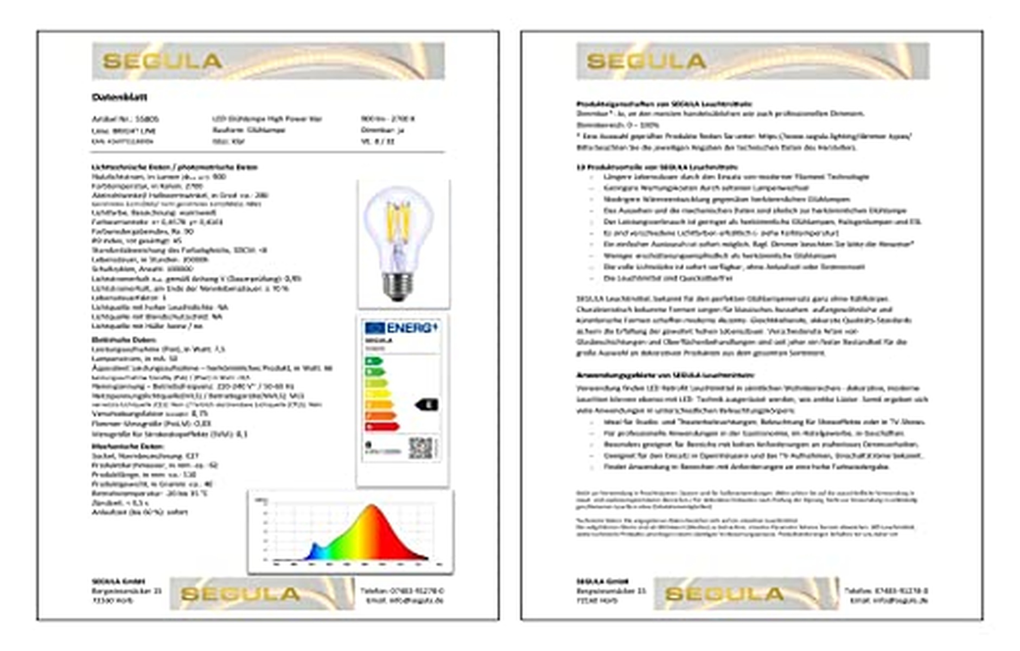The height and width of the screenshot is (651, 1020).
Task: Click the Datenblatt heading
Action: (119, 97)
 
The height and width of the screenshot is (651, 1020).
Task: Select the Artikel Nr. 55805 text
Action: (125, 119)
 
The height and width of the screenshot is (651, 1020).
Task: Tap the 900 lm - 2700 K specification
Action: (387, 119)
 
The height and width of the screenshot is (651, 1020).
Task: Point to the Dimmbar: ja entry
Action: (382, 130)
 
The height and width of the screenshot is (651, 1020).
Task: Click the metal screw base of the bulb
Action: (398, 285)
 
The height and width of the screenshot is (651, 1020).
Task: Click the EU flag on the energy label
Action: (374, 328)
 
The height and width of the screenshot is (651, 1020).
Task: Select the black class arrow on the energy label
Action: (427, 404)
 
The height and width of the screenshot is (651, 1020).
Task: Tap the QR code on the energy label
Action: (420, 448)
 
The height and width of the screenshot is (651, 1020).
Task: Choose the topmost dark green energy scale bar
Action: (374, 361)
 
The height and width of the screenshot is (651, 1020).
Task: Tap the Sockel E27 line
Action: (145, 456)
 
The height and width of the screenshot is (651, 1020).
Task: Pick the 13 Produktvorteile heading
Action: (656, 167)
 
